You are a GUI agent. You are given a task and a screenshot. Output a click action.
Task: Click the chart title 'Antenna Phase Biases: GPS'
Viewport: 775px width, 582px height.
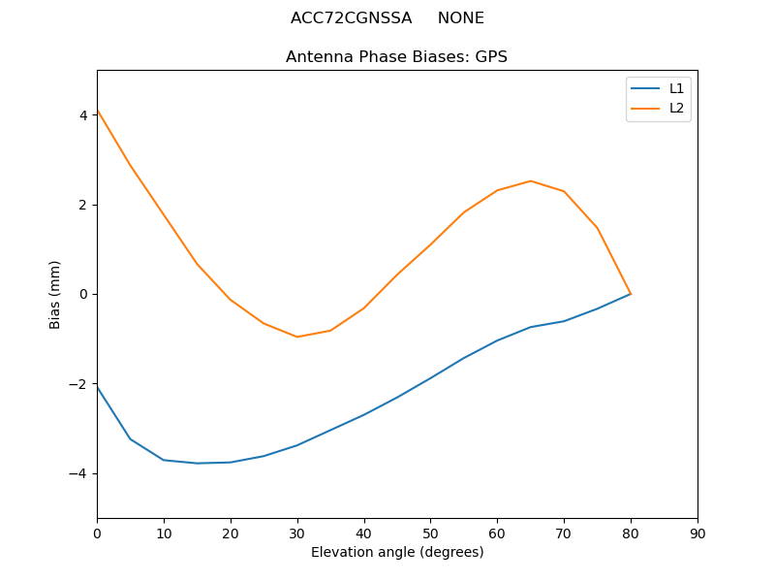tap(396, 57)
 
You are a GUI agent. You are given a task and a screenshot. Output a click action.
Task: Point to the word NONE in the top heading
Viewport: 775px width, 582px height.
tap(461, 18)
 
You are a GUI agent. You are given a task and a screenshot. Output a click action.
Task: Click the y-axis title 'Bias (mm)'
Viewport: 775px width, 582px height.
tap(55, 294)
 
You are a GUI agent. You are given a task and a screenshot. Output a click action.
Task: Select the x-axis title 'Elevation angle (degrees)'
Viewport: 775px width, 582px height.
tap(397, 552)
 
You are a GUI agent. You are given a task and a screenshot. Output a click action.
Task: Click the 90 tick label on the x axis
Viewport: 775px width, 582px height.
tap(697, 533)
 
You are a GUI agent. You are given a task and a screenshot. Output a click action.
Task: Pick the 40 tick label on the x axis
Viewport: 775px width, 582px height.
tap(363, 533)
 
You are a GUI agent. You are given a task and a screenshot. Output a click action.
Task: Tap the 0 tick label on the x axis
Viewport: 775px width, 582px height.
tap(97, 533)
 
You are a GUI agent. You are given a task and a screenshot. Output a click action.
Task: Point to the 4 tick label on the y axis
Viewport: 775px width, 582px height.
tap(83, 114)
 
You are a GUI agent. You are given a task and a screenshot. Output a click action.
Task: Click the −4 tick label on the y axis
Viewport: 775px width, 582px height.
tap(79, 473)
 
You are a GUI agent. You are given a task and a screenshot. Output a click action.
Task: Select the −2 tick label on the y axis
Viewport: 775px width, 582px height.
tap(79, 384)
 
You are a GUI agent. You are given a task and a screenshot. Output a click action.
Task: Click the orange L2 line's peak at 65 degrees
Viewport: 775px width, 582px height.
tap(531, 180)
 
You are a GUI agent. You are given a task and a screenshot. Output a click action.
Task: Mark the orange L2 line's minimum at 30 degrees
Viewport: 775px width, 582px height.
tap(296, 337)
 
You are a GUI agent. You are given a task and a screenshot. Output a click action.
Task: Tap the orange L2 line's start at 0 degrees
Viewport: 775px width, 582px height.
tap(98, 111)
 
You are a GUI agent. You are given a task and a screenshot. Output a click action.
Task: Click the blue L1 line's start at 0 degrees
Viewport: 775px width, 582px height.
tap(98, 387)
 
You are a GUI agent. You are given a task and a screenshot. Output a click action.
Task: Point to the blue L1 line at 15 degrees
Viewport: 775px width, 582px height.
tap(197, 463)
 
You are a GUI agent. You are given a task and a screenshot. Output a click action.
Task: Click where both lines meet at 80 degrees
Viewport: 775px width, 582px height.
tap(631, 294)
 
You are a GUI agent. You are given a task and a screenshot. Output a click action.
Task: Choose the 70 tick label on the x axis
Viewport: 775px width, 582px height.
tap(564, 533)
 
